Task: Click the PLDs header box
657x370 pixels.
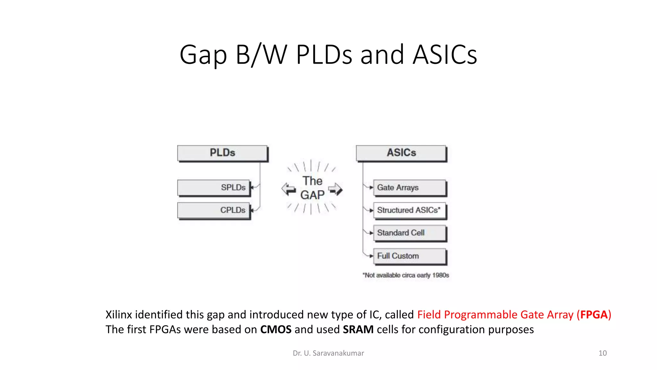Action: [222, 153]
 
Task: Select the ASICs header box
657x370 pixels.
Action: [401, 153]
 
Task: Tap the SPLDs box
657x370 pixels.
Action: [213, 188]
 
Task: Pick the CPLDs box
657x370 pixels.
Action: [213, 210]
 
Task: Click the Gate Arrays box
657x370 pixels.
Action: [409, 188]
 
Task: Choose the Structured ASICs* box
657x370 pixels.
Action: [409, 210]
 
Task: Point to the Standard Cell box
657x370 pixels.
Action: [409, 233]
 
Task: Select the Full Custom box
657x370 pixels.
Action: [409, 256]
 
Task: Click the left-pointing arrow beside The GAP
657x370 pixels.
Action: [288, 189]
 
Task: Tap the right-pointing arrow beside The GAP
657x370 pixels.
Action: [336, 189]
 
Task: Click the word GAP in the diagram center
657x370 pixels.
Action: [312, 195]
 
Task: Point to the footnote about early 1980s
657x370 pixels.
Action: [405, 275]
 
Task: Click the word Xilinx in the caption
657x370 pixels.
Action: [119, 315]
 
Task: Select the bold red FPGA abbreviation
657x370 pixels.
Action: [594, 315]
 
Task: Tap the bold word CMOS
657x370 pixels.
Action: [276, 330]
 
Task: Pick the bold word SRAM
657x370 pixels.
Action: [358, 330]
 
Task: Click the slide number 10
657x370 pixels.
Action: [602, 353]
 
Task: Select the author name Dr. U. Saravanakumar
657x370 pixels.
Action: [328, 353]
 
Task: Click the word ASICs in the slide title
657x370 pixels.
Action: [445, 55]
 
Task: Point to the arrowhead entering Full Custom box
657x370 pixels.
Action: [371, 256]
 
